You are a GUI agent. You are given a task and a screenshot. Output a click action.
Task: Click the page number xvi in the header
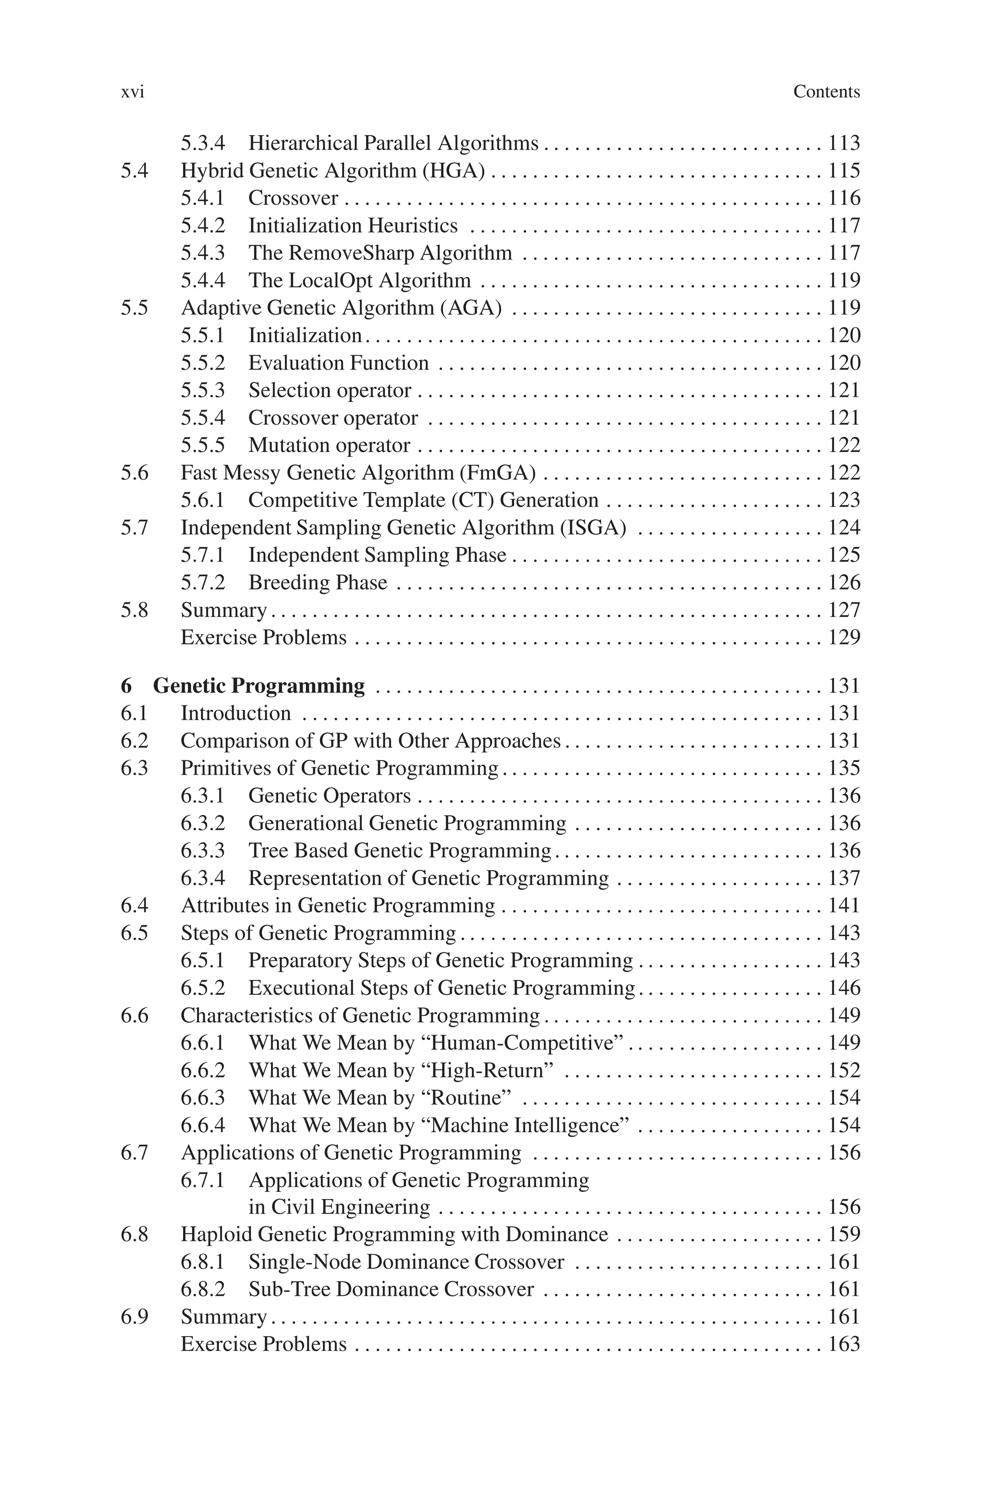[133, 92]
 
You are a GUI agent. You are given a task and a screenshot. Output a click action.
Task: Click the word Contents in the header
[826, 92]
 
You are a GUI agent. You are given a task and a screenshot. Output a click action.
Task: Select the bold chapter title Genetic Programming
[258, 686]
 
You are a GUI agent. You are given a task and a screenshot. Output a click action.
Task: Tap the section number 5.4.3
[202, 253]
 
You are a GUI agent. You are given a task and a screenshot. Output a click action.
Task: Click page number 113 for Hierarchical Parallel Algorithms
[843, 143]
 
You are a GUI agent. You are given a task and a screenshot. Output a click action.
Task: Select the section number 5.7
[135, 528]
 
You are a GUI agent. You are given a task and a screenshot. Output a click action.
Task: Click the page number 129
[843, 638]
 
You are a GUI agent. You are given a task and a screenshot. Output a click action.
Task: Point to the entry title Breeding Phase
[318, 582]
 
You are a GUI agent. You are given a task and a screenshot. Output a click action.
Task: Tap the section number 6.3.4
[202, 878]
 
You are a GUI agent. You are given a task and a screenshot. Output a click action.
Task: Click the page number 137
[843, 878]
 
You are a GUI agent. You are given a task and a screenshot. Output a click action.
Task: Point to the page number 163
[843, 1344]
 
